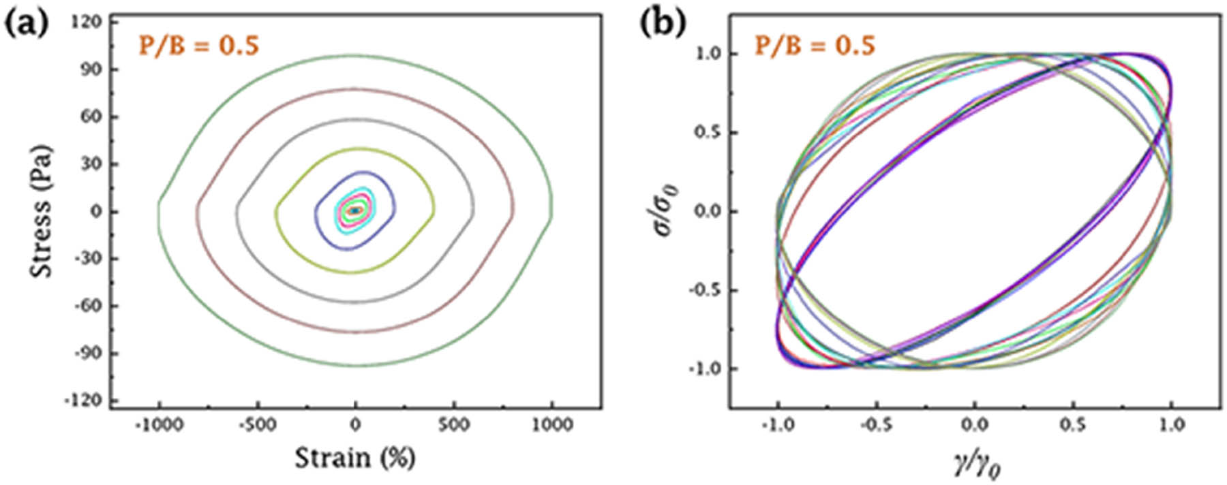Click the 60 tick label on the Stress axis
pyautogui.click(x=91, y=117)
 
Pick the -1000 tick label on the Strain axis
pyautogui.click(x=159, y=426)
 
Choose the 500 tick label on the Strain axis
pyautogui.click(x=453, y=426)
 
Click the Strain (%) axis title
pyautogui.click(x=354, y=458)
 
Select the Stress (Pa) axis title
pyautogui.click(x=42, y=210)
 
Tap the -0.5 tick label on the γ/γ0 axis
pyautogui.click(x=876, y=426)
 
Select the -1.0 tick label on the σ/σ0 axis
pyautogui.click(x=703, y=369)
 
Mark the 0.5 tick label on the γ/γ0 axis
pyautogui.click(x=1074, y=426)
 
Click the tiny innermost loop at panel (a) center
pyautogui.click(x=354, y=210)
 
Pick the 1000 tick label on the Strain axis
pyautogui.click(x=552, y=426)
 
